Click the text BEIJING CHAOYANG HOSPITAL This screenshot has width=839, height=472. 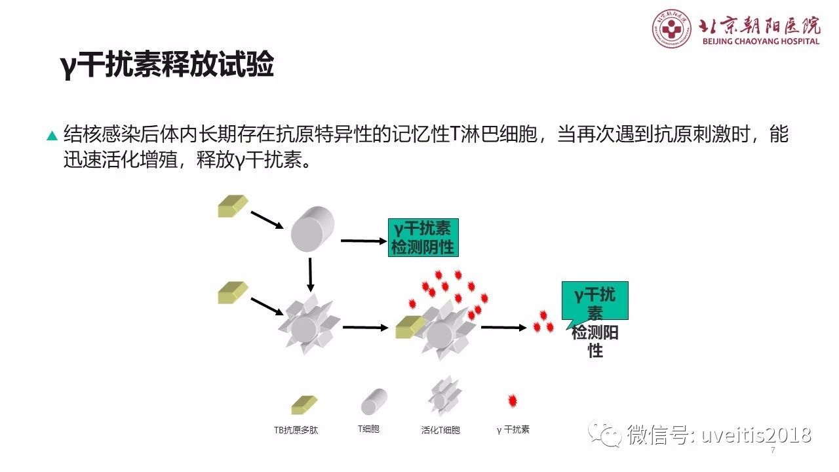point(761,41)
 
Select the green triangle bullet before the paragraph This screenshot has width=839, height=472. point(52,135)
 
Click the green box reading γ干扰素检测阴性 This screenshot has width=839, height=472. point(423,237)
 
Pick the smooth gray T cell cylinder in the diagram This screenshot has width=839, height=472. point(313,229)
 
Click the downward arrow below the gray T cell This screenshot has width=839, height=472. point(310,275)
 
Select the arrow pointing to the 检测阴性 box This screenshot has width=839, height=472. point(363,241)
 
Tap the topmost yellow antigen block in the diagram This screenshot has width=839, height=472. point(233,206)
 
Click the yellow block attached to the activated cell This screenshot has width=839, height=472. point(410,327)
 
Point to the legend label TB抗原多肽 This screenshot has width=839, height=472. point(296,430)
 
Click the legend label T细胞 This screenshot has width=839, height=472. point(368,429)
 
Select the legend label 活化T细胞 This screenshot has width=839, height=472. point(440,430)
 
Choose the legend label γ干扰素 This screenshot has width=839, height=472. point(513,429)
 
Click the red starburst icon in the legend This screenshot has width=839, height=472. point(513,401)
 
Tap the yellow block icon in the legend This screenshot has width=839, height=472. point(304,405)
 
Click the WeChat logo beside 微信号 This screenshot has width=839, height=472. point(604,434)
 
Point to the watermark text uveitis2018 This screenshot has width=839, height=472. point(756,435)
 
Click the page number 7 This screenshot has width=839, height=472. point(773,450)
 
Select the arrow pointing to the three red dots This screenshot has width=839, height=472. point(504,327)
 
